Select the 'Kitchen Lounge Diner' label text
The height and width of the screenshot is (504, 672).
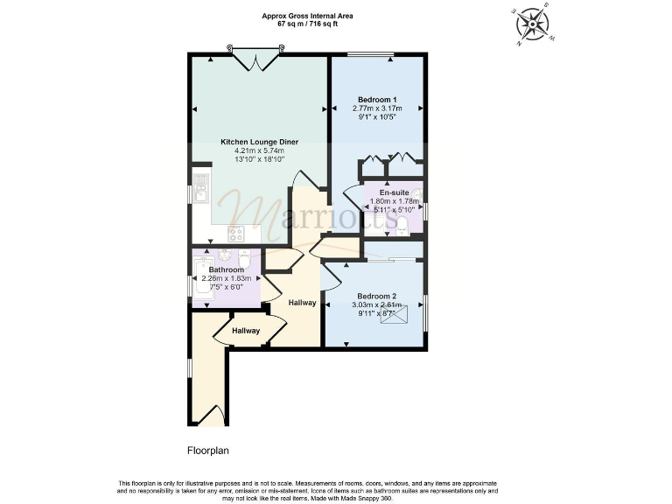259,141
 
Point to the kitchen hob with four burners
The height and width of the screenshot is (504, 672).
236,234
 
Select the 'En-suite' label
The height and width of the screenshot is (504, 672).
394,192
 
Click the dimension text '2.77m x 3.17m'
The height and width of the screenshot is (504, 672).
377,108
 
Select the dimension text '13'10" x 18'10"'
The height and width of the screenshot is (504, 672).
259,159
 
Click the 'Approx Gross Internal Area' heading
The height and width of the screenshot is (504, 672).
308,16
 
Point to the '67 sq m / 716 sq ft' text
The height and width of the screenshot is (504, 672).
308,24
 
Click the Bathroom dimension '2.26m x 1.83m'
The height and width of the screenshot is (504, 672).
226,279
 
